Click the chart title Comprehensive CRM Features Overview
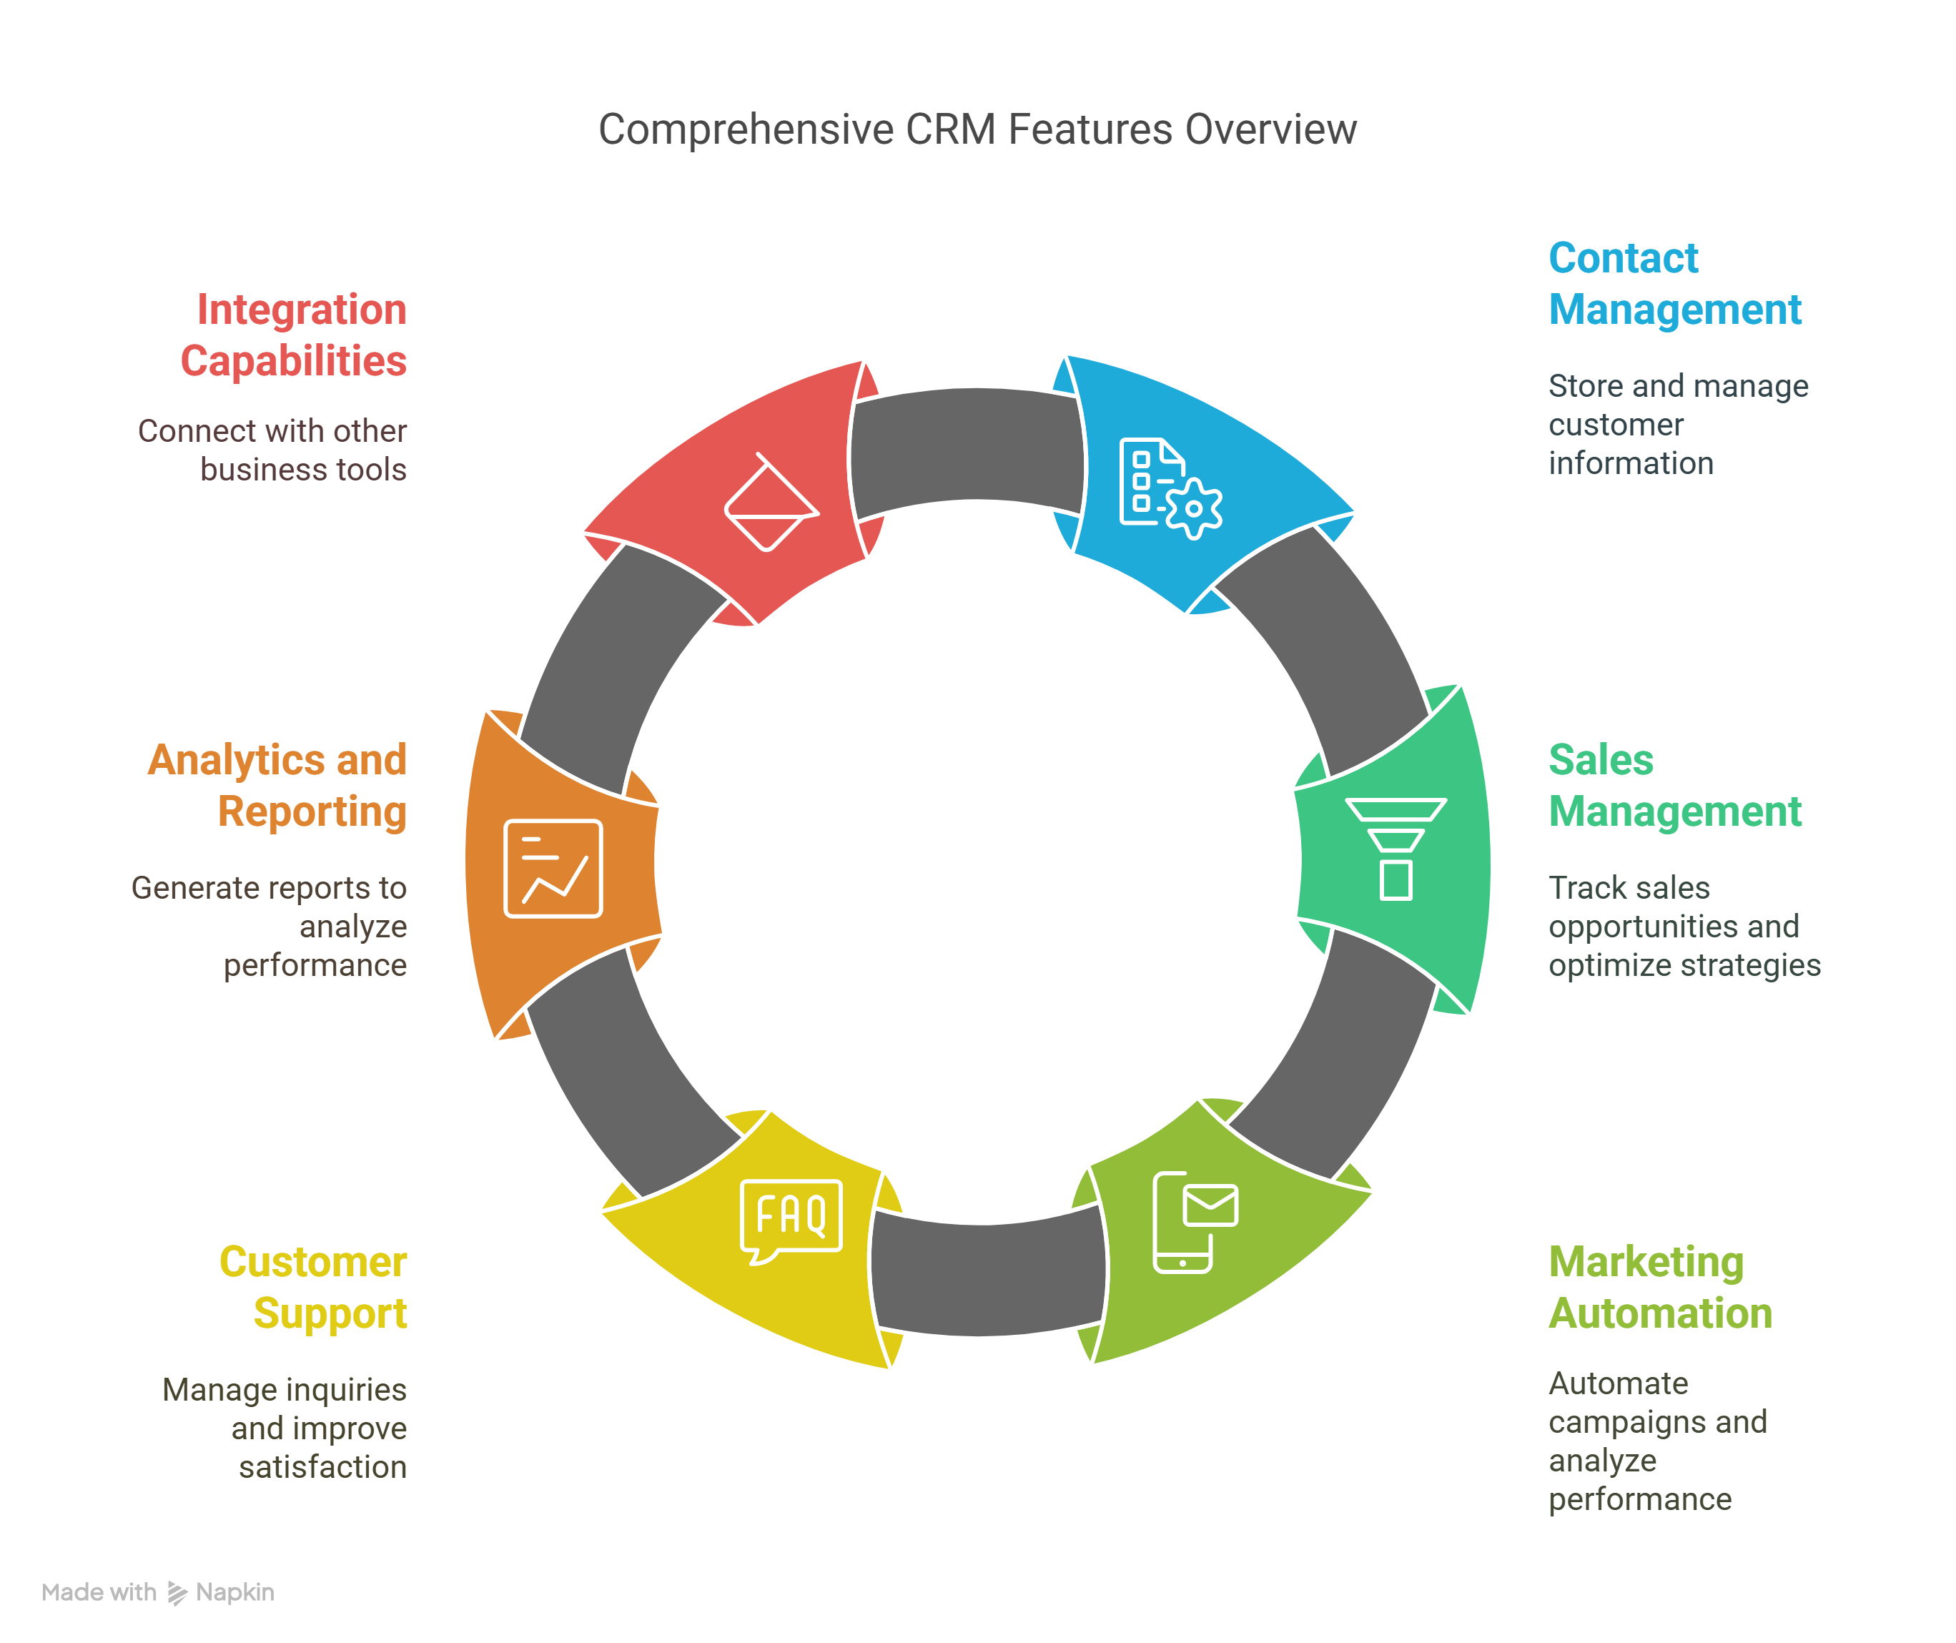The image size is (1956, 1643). pyautogui.click(x=977, y=129)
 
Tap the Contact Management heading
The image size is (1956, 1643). pyautogui.click(x=1674, y=284)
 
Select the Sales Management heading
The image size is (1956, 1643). pyautogui.click(x=1674, y=785)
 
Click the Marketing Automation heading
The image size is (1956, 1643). pyautogui.click(x=1659, y=1287)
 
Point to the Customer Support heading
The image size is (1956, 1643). pyautogui.click(x=314, y=1287)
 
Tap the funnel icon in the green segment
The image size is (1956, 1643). pyautogui.click(x=1396, y=847)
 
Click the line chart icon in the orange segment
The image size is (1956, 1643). pyautogui.click(x=553, y=868)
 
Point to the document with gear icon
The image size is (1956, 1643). pyautogui.click(x=1169, y=487)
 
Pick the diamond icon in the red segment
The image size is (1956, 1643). pyautogui.click(x=770, y=503)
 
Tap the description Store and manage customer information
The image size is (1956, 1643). pyautogui.click(x=1676, y=425)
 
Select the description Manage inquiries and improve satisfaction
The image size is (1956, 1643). pyautogui.click(x=286, y=1428)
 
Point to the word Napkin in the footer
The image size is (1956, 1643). pyautogui.click(x=234, y=1593)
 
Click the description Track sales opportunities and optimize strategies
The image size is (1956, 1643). pyautogui.click(x=1683, y=926)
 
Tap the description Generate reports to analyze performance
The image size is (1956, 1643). pyautogui.click(x=270, y=926)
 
